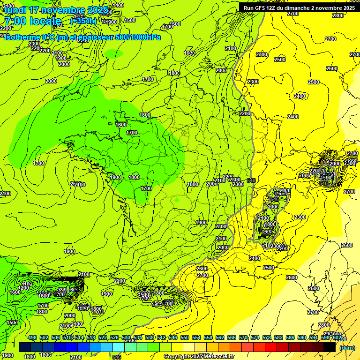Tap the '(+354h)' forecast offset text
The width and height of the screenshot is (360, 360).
point(83,21)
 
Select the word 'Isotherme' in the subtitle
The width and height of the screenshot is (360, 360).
point(22,37)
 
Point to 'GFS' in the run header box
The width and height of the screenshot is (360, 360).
point(261,7)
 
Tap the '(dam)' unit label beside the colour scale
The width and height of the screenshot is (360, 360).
point(346,347)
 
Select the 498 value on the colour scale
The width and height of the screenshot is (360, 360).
point(32,337)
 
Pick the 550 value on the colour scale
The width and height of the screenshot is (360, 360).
point(185,337)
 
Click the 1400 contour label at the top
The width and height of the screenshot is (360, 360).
point(119,5)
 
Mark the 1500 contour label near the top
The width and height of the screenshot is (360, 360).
point(130,20)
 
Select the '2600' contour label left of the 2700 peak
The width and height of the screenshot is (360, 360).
point(202,269)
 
